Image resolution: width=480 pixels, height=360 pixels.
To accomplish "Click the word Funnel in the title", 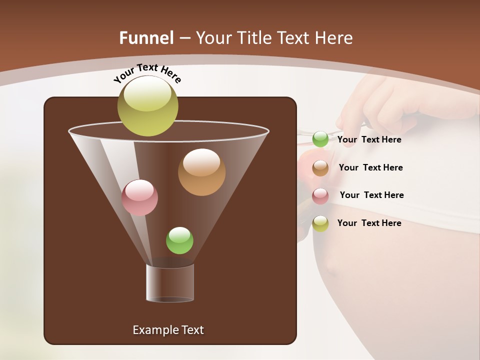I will [146, 37].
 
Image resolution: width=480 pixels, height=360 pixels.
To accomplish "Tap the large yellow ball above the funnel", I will [148, 105].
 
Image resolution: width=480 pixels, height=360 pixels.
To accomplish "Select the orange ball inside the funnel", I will [201, 172].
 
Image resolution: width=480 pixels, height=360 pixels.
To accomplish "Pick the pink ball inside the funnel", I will [139, 197].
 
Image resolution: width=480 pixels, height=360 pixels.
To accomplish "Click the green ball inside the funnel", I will [179, 240].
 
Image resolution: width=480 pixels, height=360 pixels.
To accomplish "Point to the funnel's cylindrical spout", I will [170, 282].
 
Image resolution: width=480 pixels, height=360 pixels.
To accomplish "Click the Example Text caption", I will [168, 330].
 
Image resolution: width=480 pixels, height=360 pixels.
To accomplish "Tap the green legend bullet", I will [320, 139].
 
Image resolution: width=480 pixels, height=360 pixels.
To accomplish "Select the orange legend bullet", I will [320, 168].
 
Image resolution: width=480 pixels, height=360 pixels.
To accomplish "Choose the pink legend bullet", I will [320, 196].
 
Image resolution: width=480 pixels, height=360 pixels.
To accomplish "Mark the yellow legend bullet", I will [320, 223].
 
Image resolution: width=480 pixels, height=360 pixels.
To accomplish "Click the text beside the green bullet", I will [369, 139].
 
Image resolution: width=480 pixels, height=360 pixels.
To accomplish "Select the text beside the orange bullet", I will [370, 167].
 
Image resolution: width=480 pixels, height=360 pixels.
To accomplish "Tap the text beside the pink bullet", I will [371, 195].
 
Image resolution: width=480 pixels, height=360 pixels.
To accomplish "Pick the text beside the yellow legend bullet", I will [369, 223].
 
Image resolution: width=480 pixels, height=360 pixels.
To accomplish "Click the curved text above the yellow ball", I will [147, 72].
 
